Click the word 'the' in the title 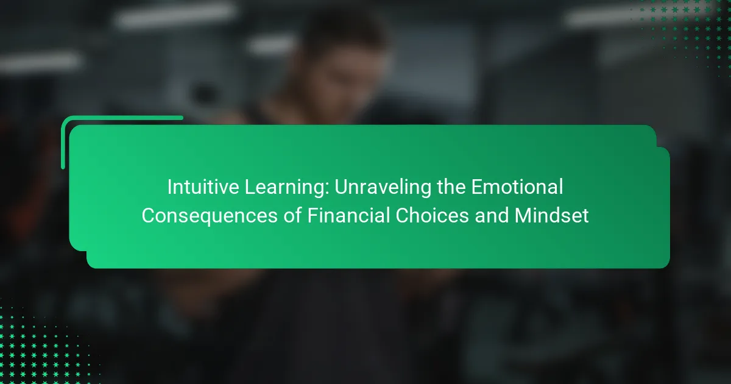(x=451, y=187)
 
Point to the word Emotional (x=517, y=187)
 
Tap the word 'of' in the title (x=292, y=216)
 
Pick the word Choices (x=432, y=216)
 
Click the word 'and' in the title (x=492, y=216)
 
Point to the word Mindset (x=551, y=216)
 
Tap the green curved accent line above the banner (x=98, y=118)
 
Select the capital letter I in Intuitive (x=169, y=187)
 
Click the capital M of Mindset (x=522, y=216)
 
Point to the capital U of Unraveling (x=342, y=187)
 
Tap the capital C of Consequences (x=149, y=216)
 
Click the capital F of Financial (x=313, y=216)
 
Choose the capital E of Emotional (x=477, y=187)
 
